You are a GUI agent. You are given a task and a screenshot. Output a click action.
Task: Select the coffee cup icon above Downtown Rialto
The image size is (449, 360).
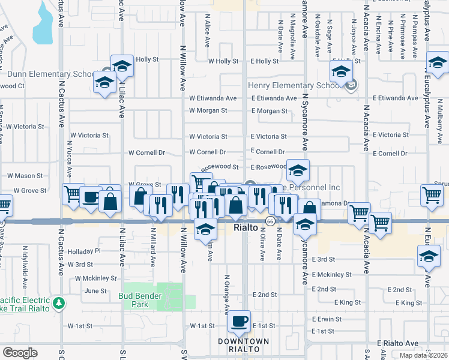click(240, 322)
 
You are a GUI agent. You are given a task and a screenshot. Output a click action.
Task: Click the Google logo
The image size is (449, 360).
click(20, 352)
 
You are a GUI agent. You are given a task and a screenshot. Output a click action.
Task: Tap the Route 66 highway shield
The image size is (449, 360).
click(271, 221)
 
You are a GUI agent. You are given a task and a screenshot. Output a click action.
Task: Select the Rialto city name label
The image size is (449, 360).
click(246, 229)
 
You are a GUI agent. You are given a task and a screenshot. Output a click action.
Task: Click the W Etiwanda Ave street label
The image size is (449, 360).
click(212, 98)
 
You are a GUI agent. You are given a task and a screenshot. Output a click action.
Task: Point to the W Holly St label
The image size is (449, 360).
click(223, 61)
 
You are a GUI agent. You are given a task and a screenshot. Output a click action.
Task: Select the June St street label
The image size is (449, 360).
click(95, 291)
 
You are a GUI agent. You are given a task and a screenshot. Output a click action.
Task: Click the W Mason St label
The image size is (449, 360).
click(25, 176)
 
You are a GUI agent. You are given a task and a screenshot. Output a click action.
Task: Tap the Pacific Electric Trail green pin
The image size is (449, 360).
click(58, 302)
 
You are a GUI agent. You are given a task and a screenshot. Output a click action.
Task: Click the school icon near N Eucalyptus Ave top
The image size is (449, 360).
click(437, 62)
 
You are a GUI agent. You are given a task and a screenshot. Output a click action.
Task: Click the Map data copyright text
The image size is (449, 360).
click(423, 355)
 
